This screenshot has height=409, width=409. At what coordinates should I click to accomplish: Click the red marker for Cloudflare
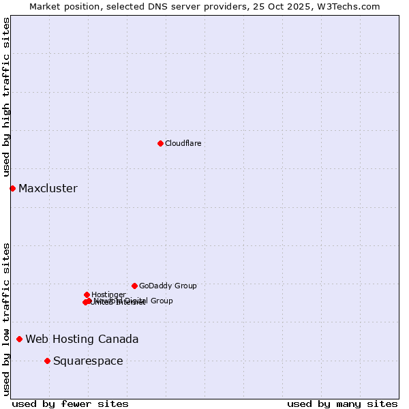(x=160, y=143)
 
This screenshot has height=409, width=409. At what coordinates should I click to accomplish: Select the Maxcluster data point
(x=12, y=188)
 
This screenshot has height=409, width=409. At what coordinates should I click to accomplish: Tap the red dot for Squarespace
(x=47, y=361)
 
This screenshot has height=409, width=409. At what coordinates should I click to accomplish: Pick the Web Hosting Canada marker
(x=19, y=339)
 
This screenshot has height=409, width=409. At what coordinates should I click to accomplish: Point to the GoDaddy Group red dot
(x=134, y=286)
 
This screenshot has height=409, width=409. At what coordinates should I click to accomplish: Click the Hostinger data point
(x=87, y=294)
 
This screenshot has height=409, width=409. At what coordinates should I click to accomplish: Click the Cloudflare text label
(x=183, y=143)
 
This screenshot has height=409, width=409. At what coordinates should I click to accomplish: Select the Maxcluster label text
(x=48, y=188)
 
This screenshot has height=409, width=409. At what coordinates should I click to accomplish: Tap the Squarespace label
(x=88, y=361)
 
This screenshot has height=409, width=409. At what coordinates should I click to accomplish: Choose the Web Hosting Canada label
(x=82, y=339)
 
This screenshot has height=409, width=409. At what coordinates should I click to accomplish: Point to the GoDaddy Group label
(x=168, y=286)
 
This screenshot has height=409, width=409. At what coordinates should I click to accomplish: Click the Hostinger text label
(x=108, y=294)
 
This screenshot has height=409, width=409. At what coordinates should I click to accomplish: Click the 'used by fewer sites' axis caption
(x=70, y=404)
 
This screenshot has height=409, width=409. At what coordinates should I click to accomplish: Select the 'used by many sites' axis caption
(x=342, y=404)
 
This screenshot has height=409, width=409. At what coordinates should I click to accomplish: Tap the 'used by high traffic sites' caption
(x=6, y=97)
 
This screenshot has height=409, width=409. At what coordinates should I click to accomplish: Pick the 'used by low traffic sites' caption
(x=6, y=319)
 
